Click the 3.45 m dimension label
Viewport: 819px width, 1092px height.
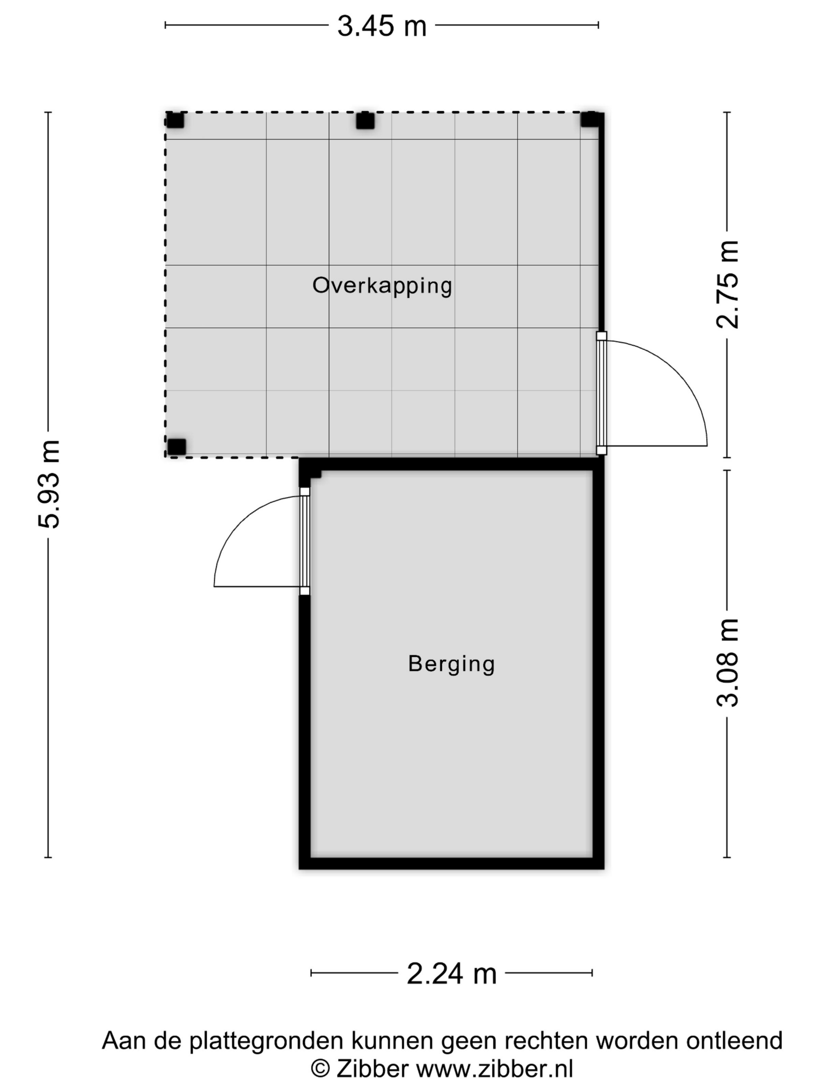pyautogui.click(x=381, y=26)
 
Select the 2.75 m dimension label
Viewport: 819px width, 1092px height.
pyautogui.click(x=727, y=285)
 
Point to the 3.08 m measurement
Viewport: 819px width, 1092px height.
pyautogui.click(x=727, y=663)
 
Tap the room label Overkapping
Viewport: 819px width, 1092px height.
pyautogui.click(x=382, y=286)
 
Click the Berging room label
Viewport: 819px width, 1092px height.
pyautogui.click(x=451, y=663)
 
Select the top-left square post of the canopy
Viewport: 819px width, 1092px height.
pyautogui.click(x=175, y=120)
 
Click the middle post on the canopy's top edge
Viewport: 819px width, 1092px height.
pyautogui.click(x=365, y=121)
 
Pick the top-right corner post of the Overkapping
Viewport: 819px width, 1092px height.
pyautogui.click(x=589, y=119)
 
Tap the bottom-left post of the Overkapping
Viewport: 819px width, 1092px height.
pyautogui.click(x=177, y=447)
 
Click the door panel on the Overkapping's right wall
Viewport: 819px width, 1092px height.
pyautogui.click(x=601, y=393)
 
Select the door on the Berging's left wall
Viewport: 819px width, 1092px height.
pyautogui.click(x=305, y=541)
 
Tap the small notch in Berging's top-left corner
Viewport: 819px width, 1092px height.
pyautogui.click(x=316, y=475)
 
